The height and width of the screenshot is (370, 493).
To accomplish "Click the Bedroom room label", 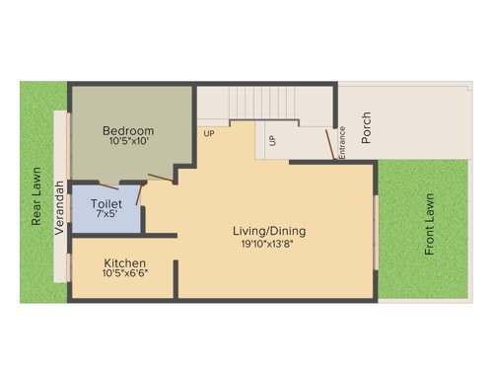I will point(128,130).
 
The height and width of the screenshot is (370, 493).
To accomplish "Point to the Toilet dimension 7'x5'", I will point(106,214).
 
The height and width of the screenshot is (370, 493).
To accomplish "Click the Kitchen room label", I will point(124,263).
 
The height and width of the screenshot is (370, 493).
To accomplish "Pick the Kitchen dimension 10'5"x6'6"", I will point(124,274).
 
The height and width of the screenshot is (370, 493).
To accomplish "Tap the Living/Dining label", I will point(269,231).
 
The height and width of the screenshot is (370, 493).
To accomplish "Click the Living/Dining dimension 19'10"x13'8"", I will point(269,243).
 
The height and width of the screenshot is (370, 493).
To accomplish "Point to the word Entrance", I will point(342,144).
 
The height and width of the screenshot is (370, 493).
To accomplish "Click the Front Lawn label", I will point(430,225).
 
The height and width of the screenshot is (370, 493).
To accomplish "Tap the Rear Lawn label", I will point(36,195).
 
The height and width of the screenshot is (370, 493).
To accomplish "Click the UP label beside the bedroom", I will point(209,133).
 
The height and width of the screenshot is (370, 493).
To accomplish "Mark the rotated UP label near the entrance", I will point(272,141).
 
